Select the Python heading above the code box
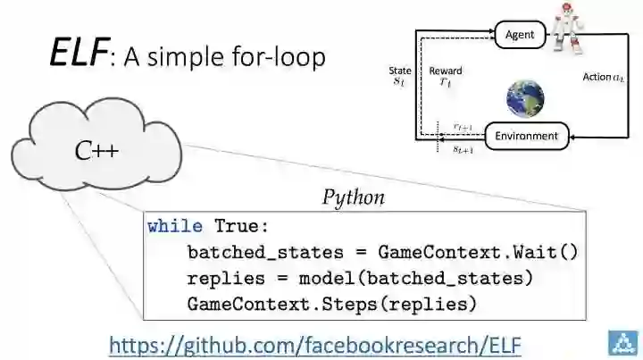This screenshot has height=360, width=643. point(354,197)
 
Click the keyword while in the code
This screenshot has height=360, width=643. point(175,226)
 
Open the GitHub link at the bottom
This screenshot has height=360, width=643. point(314,343)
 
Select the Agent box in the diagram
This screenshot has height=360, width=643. point(519,35)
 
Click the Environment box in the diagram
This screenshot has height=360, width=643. point(526,137)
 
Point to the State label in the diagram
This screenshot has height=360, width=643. point(400,71)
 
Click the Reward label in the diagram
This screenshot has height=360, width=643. point(445,71)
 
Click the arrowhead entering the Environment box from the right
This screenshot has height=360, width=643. point(572,137)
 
